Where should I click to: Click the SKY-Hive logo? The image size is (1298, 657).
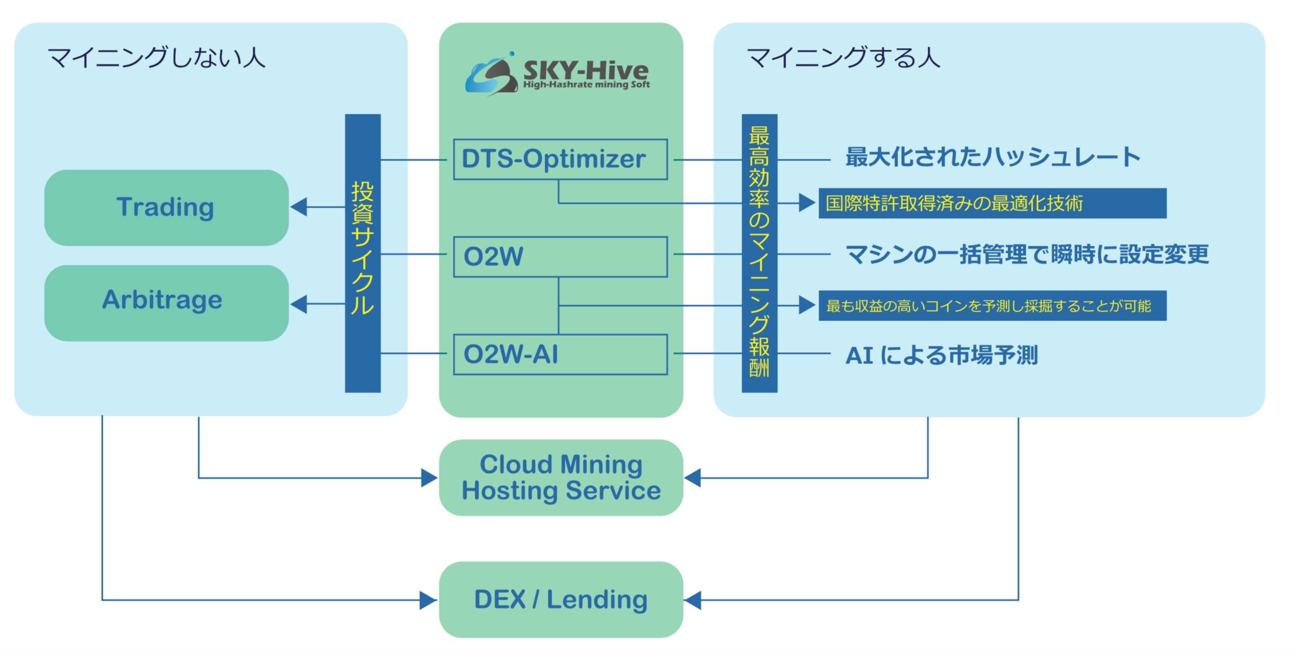point(557,74)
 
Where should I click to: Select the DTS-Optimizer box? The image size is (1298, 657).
point(561,159)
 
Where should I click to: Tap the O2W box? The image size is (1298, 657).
point(561,257)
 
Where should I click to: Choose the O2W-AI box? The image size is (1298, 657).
point(561,354)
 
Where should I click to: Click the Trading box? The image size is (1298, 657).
point(166,207)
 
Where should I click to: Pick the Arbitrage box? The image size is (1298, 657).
point(166,303)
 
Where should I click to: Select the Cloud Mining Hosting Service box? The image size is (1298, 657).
point(561,477)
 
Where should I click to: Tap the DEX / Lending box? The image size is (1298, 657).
point(561,600)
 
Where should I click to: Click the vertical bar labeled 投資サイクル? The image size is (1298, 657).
point(363,253)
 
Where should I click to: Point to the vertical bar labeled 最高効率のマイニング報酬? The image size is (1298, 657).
point(759,253)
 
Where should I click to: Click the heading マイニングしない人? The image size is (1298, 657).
point(156,57)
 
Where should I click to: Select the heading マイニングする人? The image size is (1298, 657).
point(843,57)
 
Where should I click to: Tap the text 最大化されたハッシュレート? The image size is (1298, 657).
point(993,157)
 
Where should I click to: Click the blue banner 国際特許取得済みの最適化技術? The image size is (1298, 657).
point(992,203)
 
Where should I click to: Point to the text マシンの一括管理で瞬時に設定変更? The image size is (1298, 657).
point(1027,254)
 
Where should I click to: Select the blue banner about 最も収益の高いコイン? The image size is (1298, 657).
point(992,306)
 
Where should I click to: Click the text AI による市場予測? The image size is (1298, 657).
point(941,355)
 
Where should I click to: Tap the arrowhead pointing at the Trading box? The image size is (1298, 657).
point(299,207)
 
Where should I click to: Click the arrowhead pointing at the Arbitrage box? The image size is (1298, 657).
point(299,304)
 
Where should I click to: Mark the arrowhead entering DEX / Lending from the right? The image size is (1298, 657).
point(693,600)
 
